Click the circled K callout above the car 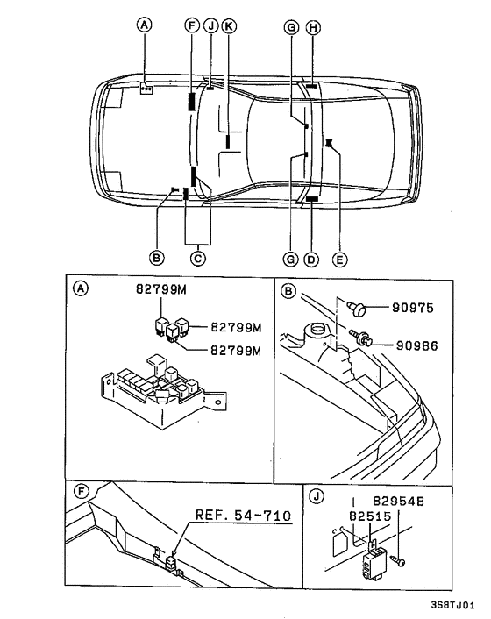229,27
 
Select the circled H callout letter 312,27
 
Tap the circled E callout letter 340,259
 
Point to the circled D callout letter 311,259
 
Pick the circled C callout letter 198,259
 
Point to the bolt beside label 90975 359,308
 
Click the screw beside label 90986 362,336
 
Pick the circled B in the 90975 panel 288,291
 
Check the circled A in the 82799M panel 80,288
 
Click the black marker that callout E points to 328,142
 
